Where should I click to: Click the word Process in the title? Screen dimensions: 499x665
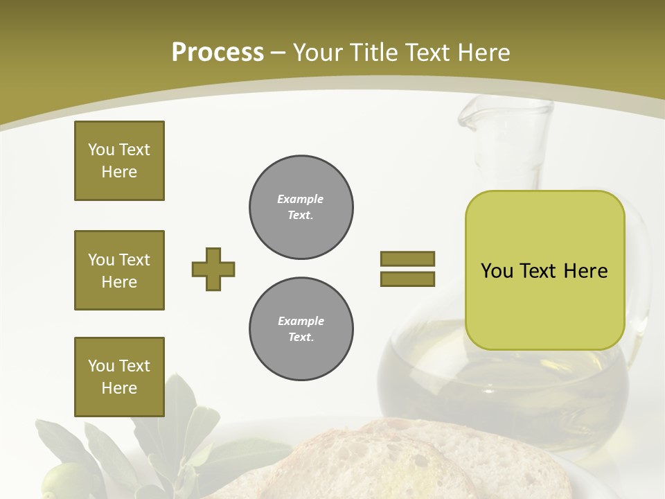[218, 53]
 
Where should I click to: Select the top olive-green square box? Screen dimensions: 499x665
[119, 161]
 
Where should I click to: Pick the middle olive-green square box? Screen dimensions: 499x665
[119, 270]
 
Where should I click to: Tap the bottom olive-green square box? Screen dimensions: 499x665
[119, 377]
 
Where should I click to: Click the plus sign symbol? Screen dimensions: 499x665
[213, 269]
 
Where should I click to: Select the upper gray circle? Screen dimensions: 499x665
[301, 207]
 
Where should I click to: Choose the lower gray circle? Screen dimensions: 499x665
[301, 329]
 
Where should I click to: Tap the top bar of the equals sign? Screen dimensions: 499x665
[407, 259]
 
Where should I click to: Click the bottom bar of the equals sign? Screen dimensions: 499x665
[407, 279]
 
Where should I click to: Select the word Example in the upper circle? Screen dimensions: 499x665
[300, 199]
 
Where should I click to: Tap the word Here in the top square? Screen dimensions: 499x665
[119, 172]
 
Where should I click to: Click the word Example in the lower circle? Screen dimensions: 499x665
[301, 321]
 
